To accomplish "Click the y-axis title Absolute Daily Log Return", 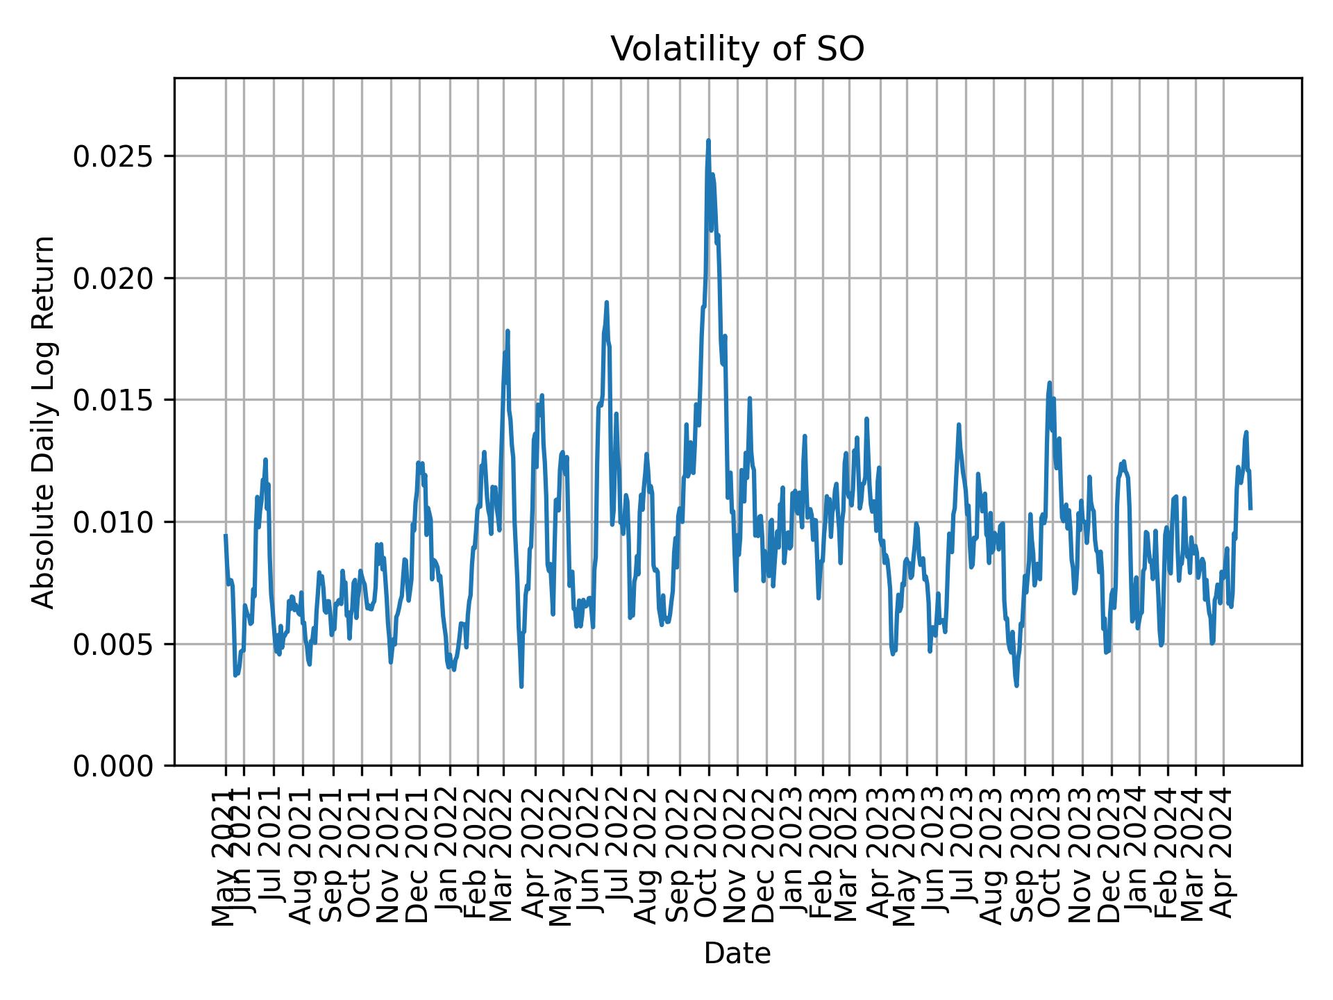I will click(x=44, y=422).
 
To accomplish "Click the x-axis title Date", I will click(x=737, y=953).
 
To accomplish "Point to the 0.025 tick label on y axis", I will click(x=114, y=157).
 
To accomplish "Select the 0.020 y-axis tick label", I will click(x=114, y=278).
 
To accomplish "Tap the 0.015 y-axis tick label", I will click(x=114, y=401).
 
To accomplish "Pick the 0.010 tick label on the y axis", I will click(x=114, y=522).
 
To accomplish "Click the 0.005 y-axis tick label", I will click(x=114, y=644).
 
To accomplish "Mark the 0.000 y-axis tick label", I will click(x=114, y=766).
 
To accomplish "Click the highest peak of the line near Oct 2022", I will click(x=708, y=141).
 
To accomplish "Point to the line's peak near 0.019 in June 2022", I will click(x=606, y=302).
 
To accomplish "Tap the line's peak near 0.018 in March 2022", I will click(x=508, y=331).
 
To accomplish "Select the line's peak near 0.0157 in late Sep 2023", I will click(x=1050, y=383).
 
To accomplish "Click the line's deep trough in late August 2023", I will click(x=1016, y=685).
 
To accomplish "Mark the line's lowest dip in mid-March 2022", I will click(x=521, y=687).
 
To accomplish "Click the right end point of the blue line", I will click(x=1250, y=508).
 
